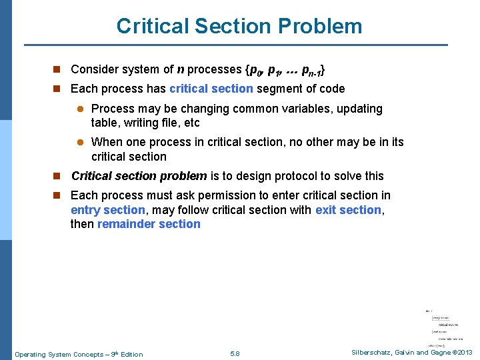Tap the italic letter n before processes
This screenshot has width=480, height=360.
[x=181, y=69]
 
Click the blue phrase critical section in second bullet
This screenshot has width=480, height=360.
[x=211, y=89]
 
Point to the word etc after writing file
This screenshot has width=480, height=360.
[x=191, y=123]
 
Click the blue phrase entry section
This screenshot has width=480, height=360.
[x=107, y=210]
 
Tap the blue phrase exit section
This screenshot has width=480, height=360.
[x=349, y=210]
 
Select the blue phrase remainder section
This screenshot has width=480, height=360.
[x=149, y=224]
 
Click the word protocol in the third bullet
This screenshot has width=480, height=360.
[x=289, y=176]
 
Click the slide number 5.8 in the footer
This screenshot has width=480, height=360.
[x=235, y=354]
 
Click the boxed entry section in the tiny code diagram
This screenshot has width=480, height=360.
[x=440, y=318]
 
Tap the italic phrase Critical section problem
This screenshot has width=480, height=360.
[x=139, y=176]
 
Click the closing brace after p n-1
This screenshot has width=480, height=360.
[x=325, y=69]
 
